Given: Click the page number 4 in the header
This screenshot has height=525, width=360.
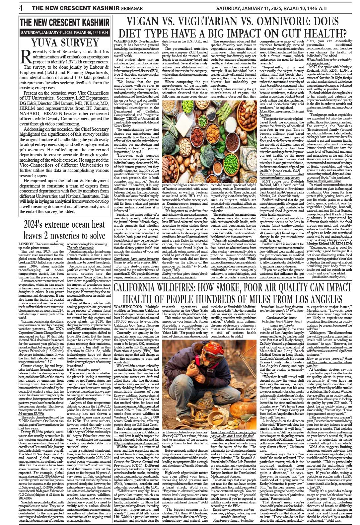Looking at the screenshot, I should tap(21, 8).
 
